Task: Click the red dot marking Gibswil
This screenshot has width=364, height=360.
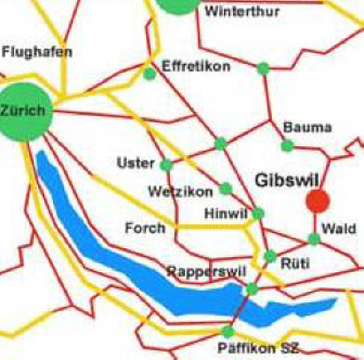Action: [317, 201]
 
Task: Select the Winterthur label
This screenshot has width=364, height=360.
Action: [236, 13]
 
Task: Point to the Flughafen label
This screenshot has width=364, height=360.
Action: [37, 53]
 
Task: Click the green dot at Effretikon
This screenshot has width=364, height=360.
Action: [150, 74]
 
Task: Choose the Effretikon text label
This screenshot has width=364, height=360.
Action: [197, 67]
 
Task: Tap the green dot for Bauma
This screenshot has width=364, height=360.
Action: [287, 145]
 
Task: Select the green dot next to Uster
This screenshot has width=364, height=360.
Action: [167, 164]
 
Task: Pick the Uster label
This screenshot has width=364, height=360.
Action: [136, 164]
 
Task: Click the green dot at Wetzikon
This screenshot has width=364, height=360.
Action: [226, 188]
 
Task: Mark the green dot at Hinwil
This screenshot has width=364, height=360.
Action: [259, 213]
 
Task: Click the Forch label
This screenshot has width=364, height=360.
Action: [146, 228]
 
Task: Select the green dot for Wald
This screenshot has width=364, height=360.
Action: [314, 239]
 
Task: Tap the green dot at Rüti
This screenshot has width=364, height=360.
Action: [270, 256]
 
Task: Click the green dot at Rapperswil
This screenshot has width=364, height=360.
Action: [252, 288]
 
